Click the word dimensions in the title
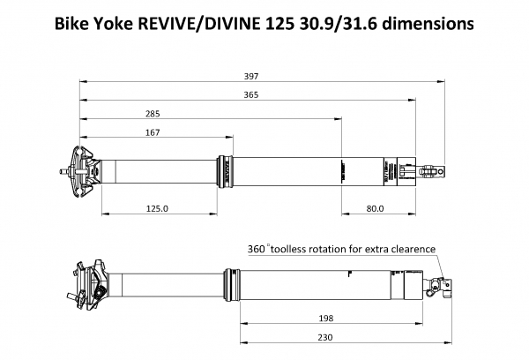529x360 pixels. pos(425,23)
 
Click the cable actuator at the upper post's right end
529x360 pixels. pos(433,168)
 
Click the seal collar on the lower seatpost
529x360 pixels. pos(235,282)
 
